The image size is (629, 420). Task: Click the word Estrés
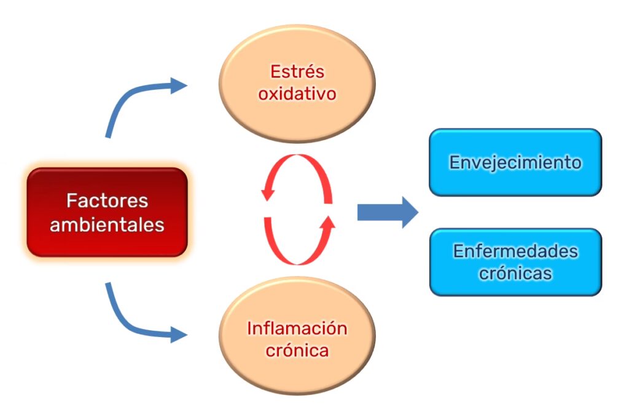tap(297, 71)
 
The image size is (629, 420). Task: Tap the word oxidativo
tap(297, 94)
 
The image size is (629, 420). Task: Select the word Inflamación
tap(297, 328)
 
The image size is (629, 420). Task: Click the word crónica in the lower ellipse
tap(297, 351)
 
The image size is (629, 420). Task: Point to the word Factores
tap(107, 200)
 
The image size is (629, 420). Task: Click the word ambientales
tap(107, 224)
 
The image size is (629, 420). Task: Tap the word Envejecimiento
tap(515, 162)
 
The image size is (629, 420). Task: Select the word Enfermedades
tap(515, 251)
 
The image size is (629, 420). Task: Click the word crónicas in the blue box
tap(515, 272)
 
